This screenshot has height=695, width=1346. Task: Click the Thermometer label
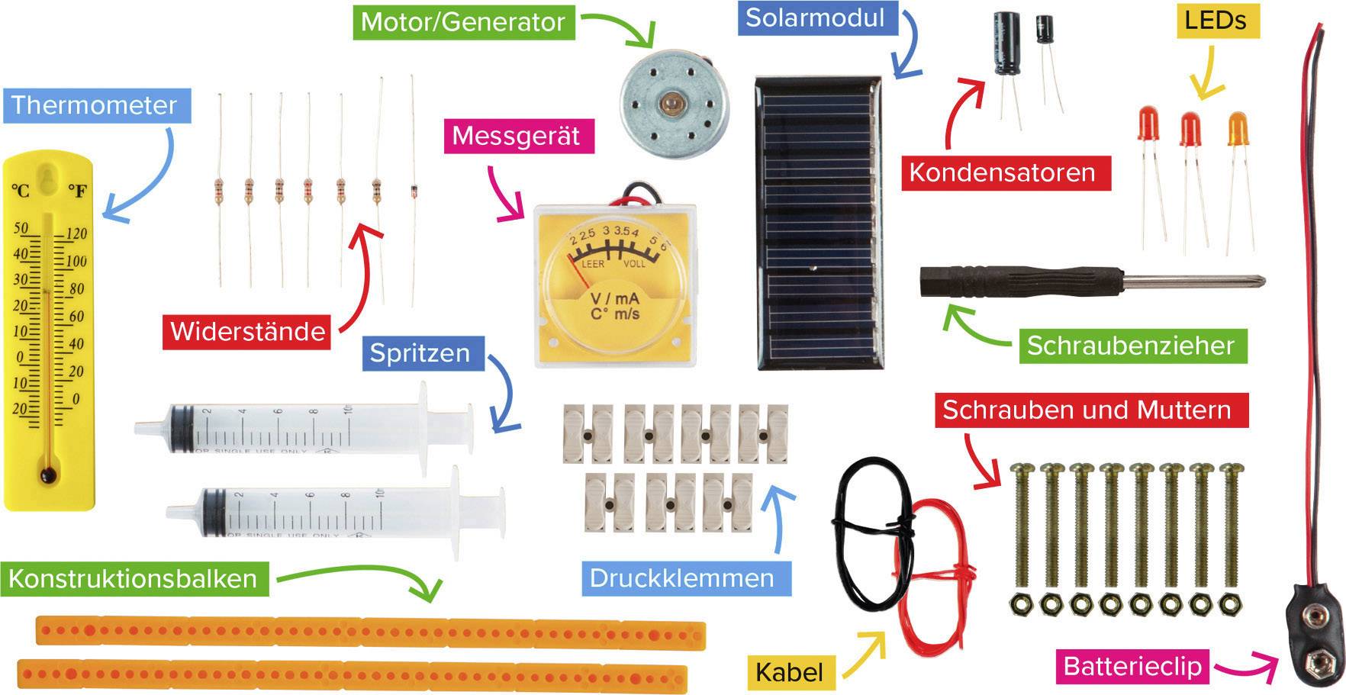pos(94,105)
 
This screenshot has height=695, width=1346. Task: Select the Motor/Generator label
pos(462,21)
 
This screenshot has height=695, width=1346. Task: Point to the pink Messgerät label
pos(516,136)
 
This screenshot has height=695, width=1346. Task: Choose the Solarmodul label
pos(815,18)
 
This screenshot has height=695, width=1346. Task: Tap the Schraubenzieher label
pos(1130,346)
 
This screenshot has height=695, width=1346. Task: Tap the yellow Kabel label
pos(789,672)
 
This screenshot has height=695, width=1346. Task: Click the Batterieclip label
pos(1132,667)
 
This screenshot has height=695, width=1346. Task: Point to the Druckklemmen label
pos(681,578)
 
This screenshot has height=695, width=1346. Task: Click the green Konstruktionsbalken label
pos(133,578)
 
